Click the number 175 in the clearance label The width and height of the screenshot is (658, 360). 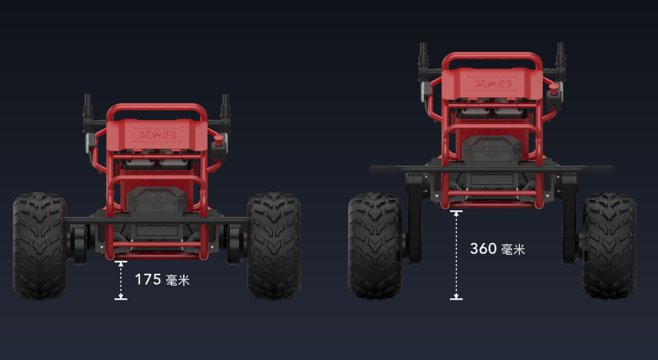pos(148,279)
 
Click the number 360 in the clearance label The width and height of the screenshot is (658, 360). pos(483,248)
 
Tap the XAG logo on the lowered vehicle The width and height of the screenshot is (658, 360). pos(158,134)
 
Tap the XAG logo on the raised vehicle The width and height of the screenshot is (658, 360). pos(493,83)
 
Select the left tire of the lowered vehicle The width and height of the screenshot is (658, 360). pos(40,246)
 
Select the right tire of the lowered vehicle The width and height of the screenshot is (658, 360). pos(274,246)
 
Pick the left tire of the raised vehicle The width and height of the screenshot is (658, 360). pos(375,246)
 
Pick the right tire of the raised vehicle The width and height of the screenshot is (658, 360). pos(609,246)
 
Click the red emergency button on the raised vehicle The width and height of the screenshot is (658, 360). pos(554,89)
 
